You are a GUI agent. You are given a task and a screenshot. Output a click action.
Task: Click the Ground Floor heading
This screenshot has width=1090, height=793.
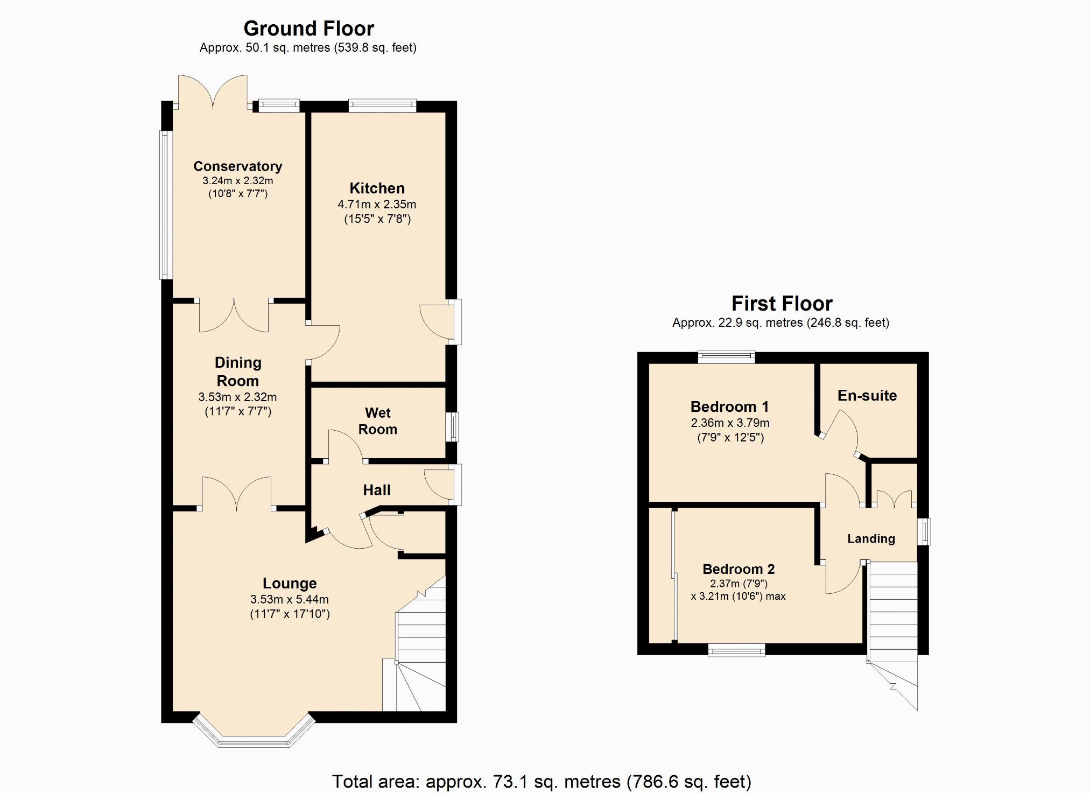[308, 28]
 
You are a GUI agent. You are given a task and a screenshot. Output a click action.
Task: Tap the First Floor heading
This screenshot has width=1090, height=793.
[782, 304]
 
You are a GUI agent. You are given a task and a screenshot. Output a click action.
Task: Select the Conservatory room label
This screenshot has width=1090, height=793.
[238, 166]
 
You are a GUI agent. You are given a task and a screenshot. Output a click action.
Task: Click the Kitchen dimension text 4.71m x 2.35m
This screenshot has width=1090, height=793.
[377, 205]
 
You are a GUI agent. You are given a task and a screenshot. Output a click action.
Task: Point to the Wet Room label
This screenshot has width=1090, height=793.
[378, 421]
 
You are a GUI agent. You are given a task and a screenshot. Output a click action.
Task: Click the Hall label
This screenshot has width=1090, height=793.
[377, 490]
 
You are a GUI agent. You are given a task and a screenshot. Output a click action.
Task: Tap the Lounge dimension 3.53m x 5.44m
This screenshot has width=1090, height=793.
[290, 600]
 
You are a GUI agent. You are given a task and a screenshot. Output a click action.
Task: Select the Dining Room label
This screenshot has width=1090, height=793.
[238, 371]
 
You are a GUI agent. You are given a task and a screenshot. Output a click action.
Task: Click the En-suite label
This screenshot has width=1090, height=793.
[867, 396]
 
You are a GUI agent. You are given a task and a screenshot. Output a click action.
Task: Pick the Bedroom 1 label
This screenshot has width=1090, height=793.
[730, 406]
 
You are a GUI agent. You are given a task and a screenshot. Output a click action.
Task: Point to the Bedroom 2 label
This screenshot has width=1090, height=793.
[739, 569]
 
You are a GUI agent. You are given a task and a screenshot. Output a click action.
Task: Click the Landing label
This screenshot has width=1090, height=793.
[871, 538]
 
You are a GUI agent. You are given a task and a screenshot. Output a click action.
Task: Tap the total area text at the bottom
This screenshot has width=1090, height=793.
[542, 781]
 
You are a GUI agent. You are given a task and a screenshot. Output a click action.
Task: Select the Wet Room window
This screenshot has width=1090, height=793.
[453, 427]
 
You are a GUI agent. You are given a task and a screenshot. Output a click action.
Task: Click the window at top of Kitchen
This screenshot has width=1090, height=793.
[382, 106]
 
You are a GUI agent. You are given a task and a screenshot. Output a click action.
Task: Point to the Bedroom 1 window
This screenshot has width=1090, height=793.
[727, 357]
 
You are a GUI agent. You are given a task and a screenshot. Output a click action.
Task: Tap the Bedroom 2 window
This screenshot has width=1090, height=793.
[736, 650]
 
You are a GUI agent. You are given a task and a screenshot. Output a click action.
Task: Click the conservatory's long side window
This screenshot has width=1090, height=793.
[165, 205]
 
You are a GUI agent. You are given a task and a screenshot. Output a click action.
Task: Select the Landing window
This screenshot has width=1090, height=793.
[924, 532]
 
